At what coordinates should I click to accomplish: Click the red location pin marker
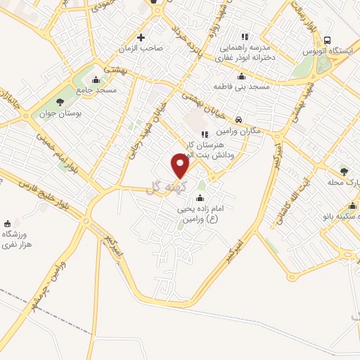pos(181,167)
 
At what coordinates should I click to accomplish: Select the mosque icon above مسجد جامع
pos(96,78)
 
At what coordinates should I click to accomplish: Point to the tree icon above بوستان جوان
pos(58,101)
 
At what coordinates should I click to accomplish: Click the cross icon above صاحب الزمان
pos(141,37)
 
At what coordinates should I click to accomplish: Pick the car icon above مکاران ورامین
pos(240,120)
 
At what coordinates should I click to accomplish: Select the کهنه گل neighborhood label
pos(167,186)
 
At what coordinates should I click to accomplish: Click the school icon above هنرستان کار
pos(205,134)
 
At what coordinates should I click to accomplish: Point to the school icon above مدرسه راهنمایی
pos(245,37)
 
